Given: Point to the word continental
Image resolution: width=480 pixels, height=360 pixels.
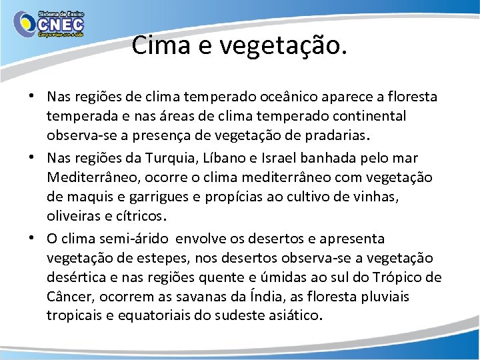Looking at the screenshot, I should pyautogui.click(x=364, y=117).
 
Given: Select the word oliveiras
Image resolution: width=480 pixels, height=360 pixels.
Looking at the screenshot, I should pyautogui.click(x=71, y=217).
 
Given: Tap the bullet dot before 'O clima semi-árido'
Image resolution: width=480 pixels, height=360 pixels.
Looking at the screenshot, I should pyautogui.click(x=33, y=238).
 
